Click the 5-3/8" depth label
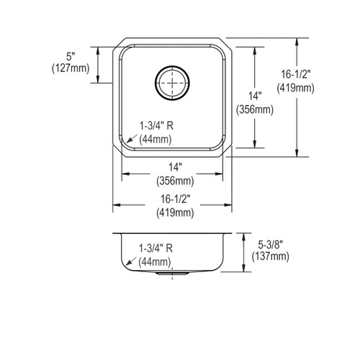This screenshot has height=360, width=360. click(266, 244)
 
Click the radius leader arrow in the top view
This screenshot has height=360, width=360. click(130, 141)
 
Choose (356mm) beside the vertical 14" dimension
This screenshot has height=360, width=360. click(254, 109)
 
